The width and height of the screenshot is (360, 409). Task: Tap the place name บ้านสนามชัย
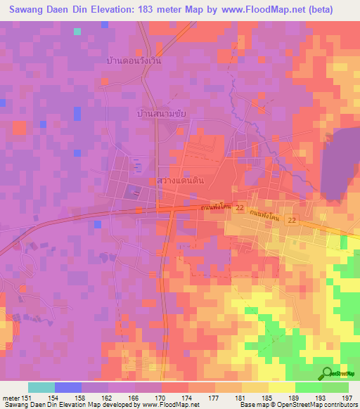pyautogui.click(x=161, y=112)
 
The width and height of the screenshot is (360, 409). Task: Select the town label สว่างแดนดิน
pyautogui.click(x=181, y=180)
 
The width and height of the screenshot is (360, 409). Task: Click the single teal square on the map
pyautogui.click(x=77, y=32)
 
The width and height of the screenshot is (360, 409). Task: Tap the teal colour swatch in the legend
pyautogui.click(x=41, y=387)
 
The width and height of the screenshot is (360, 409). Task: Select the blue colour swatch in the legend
pyautogui.click(x=68, y=387)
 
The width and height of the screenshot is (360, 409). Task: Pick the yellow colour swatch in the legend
pyautogui.click(x=282, y=387)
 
